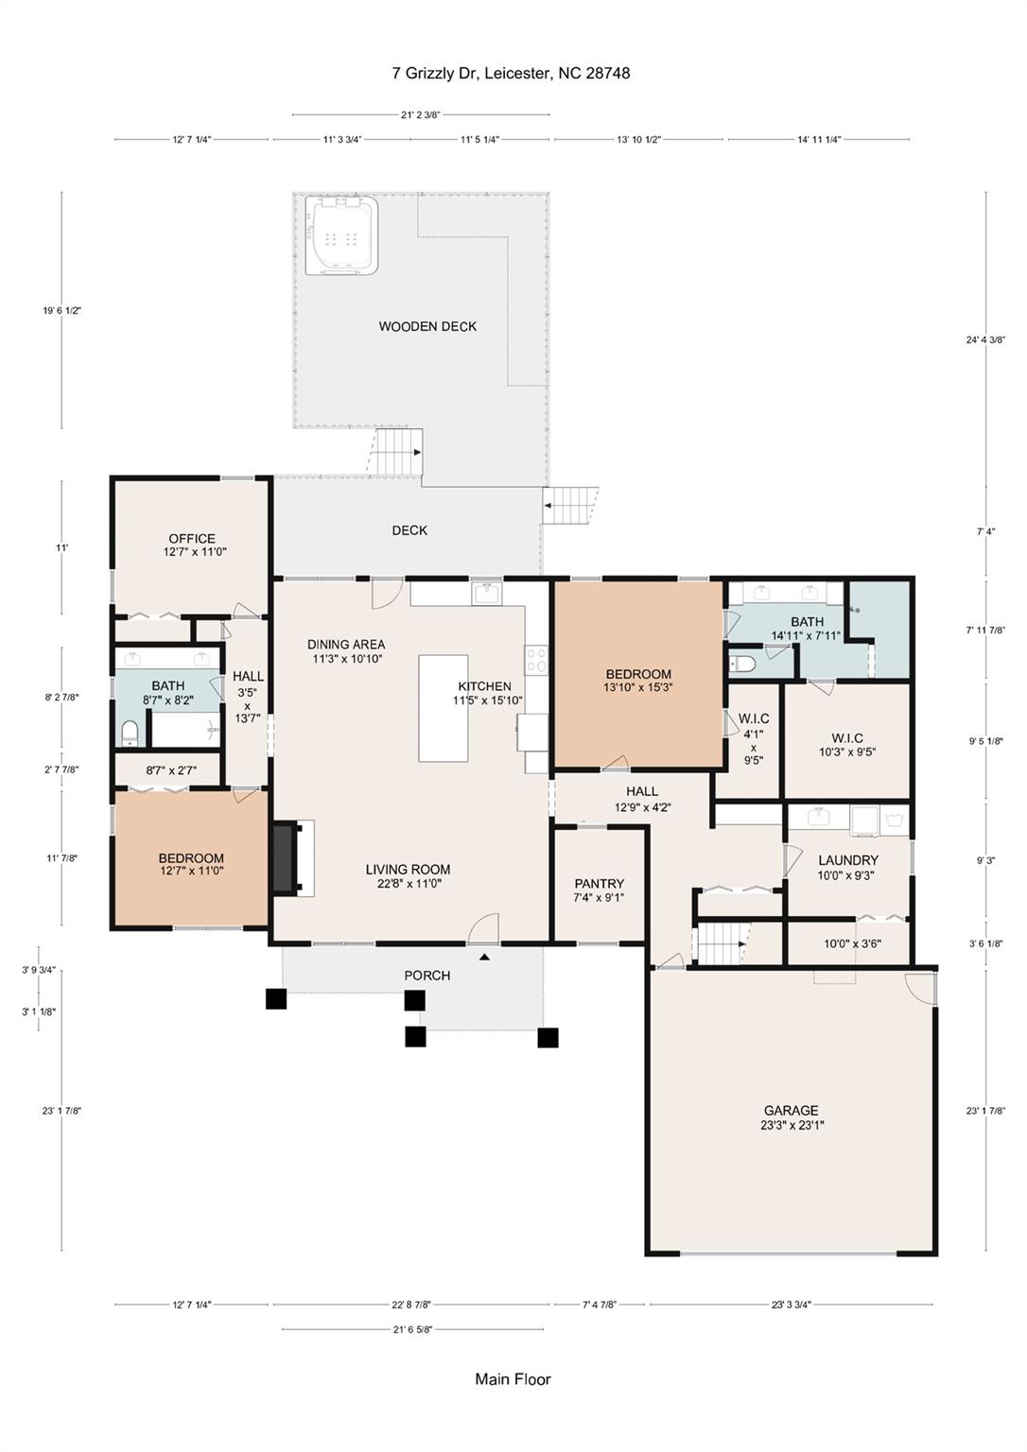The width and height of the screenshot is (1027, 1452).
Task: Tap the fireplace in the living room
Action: tap(285, 858)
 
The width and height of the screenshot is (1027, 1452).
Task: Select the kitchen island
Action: tap(443, 708)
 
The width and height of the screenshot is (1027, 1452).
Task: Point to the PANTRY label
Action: tap(600, 884)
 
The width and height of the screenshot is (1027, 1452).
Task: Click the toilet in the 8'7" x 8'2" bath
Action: tap(130, 733)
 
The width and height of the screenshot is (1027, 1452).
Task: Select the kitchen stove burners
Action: tap(537, 660)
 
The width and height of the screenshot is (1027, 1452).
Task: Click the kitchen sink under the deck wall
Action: tap(487, 593)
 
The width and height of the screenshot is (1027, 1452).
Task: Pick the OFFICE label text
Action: tap(192, 539)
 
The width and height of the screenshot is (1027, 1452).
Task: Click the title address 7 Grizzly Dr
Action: tap(435, 73)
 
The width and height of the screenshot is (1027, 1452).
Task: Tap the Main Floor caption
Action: tap(513, 1379)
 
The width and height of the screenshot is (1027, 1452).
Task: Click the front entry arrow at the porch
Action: tap(484, 956)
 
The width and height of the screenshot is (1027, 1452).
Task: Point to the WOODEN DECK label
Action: tap(427, 326)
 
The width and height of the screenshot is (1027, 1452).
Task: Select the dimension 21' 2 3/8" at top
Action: tap(421, 114)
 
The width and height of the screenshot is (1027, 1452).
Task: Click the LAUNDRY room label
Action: tap(848, 860)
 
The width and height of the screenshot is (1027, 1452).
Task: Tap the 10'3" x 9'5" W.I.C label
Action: tap(847, 745)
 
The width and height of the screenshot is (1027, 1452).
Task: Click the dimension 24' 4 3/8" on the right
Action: tap(985, 339)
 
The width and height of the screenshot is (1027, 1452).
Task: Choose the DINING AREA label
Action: tap(346, 645)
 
